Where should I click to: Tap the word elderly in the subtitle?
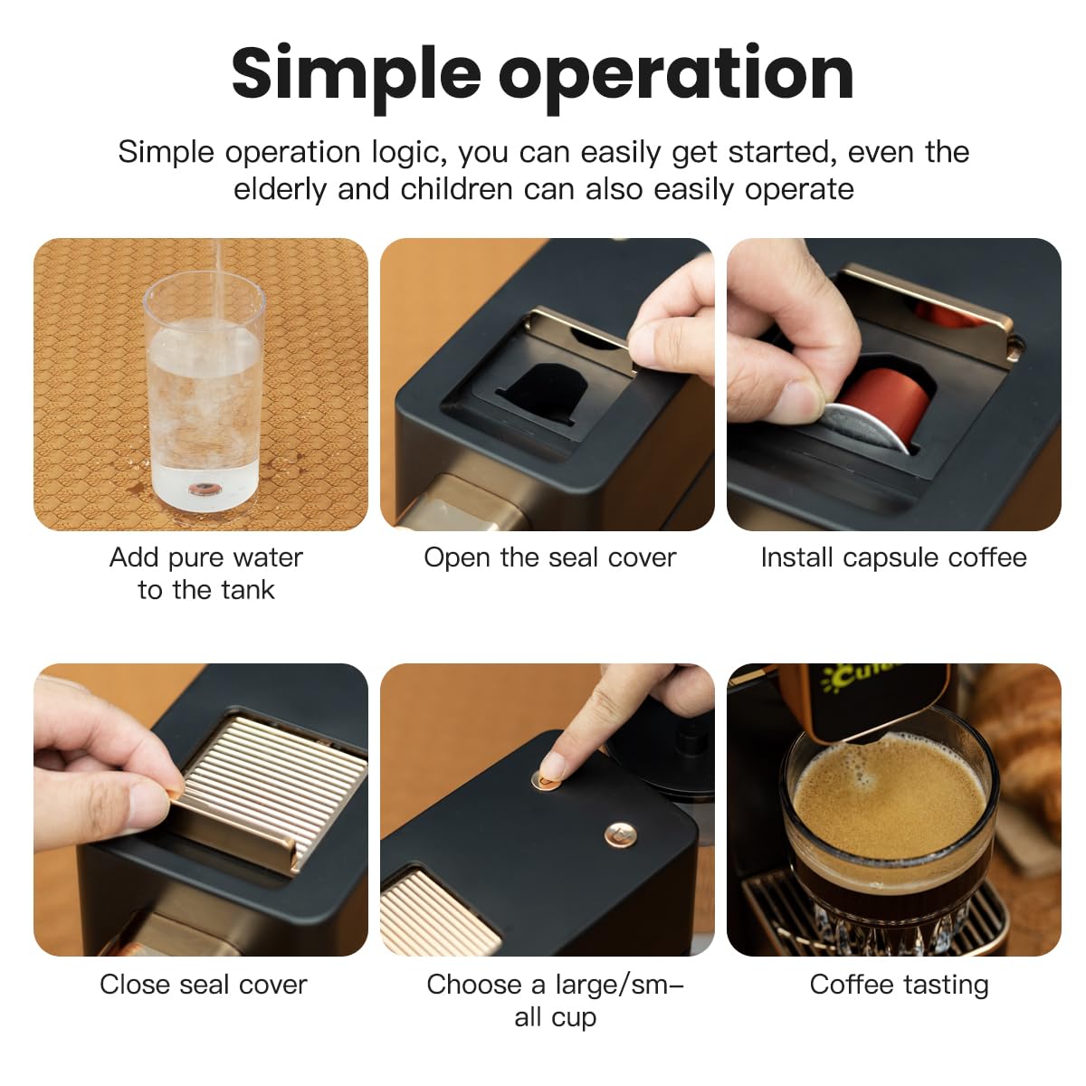(280, 189)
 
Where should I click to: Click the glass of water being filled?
(205, 398)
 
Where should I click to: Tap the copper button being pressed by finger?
(547, 778)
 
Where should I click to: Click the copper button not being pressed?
(619, 834)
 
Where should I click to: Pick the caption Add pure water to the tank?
(205, 573)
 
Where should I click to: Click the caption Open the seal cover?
(549, 557)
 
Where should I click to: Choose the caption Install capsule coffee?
(893, 557)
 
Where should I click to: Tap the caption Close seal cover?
(203, 985)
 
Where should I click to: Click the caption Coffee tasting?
(899, 985)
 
